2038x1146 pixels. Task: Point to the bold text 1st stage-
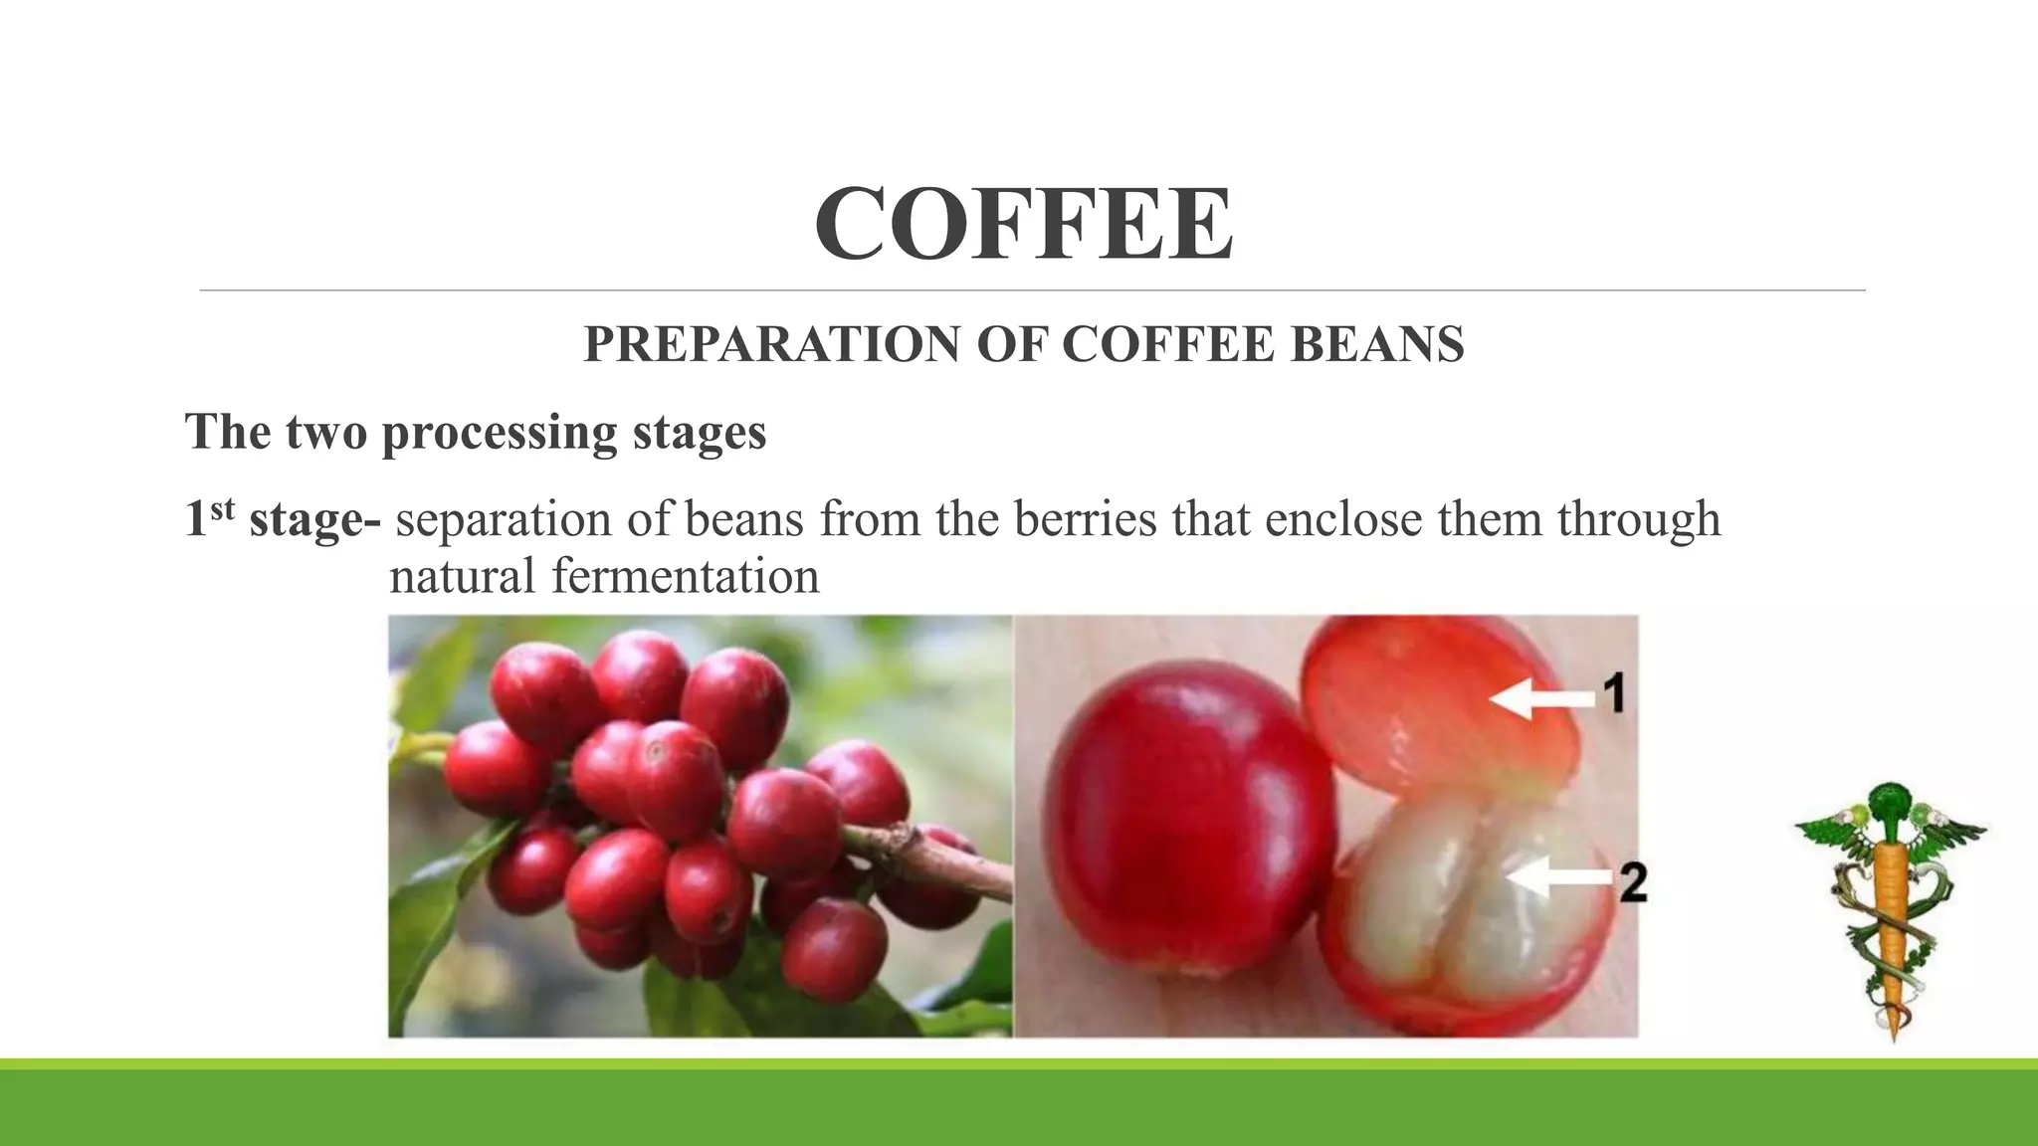coord(282,519)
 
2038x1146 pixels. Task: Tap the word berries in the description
coord(1086,519)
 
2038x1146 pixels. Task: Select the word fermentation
coord(686,576)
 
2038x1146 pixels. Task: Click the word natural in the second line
coord(462,576)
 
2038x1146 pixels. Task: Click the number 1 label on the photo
coord(1614,691)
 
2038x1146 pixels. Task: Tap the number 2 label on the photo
coord(1633,882)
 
